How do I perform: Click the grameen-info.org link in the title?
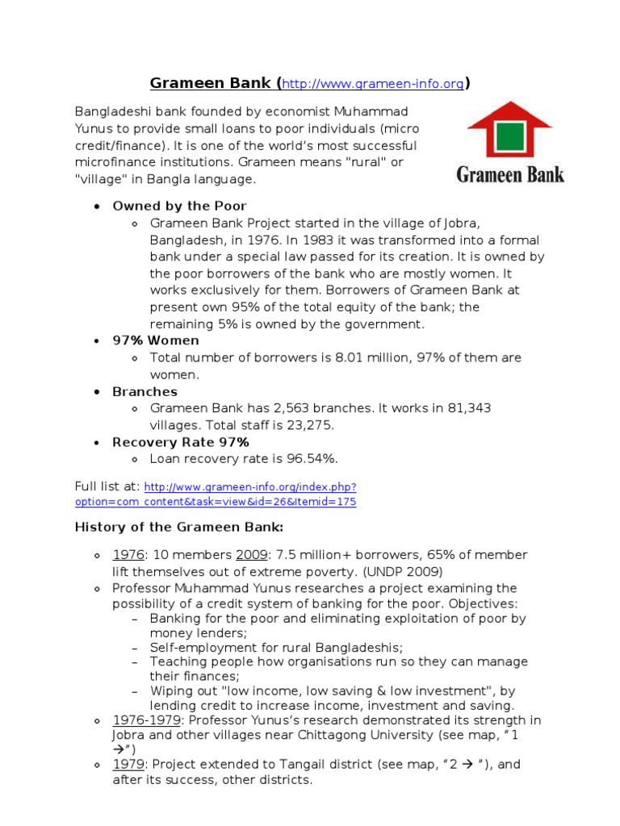coord(375,83)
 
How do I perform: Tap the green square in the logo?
coord(508,138)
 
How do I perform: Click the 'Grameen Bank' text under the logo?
coord(510,173)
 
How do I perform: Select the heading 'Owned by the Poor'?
coord(179,206)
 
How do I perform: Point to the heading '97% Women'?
coord(156,340)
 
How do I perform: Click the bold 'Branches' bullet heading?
coord(145,391)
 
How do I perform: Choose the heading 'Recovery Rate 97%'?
coord(180,442)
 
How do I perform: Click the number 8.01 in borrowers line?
coord(348,357)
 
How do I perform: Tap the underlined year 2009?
coord(250,555)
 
